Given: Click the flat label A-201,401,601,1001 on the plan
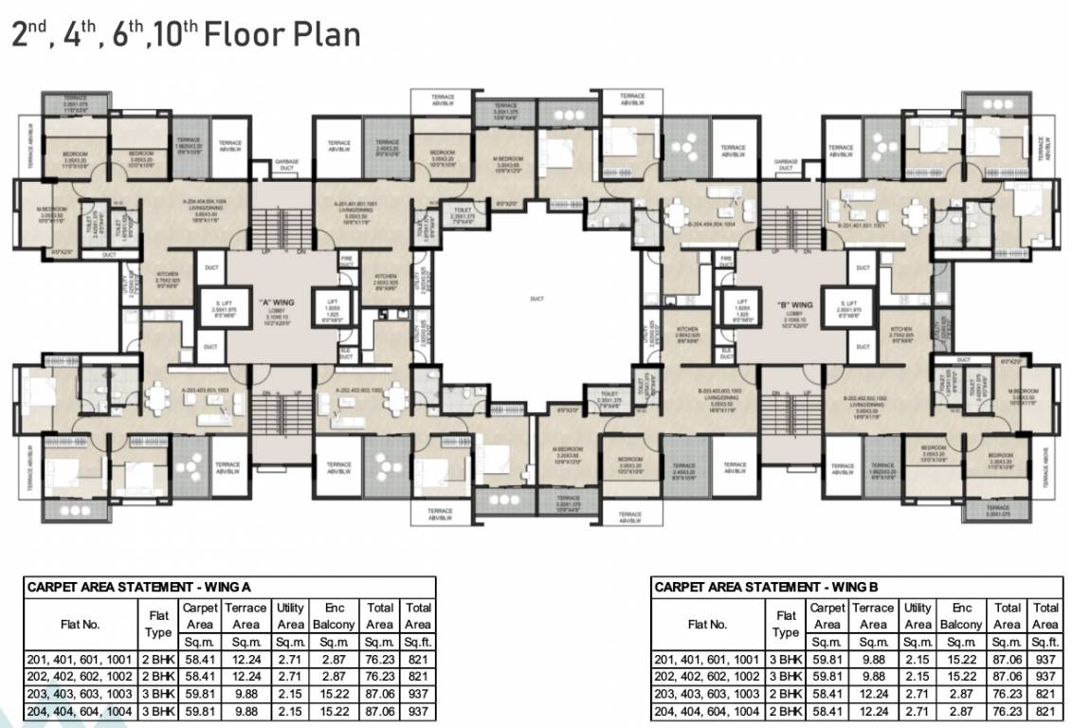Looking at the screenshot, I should click(355, 202).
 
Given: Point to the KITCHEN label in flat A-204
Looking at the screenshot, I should click(168, 276).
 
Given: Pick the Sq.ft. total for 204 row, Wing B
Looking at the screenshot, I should click(1045, 711).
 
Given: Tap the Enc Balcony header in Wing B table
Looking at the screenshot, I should click(961, 616).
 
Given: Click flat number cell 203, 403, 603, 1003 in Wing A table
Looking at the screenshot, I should click(82, 694).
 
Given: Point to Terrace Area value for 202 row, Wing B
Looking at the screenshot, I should click(872, 677).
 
